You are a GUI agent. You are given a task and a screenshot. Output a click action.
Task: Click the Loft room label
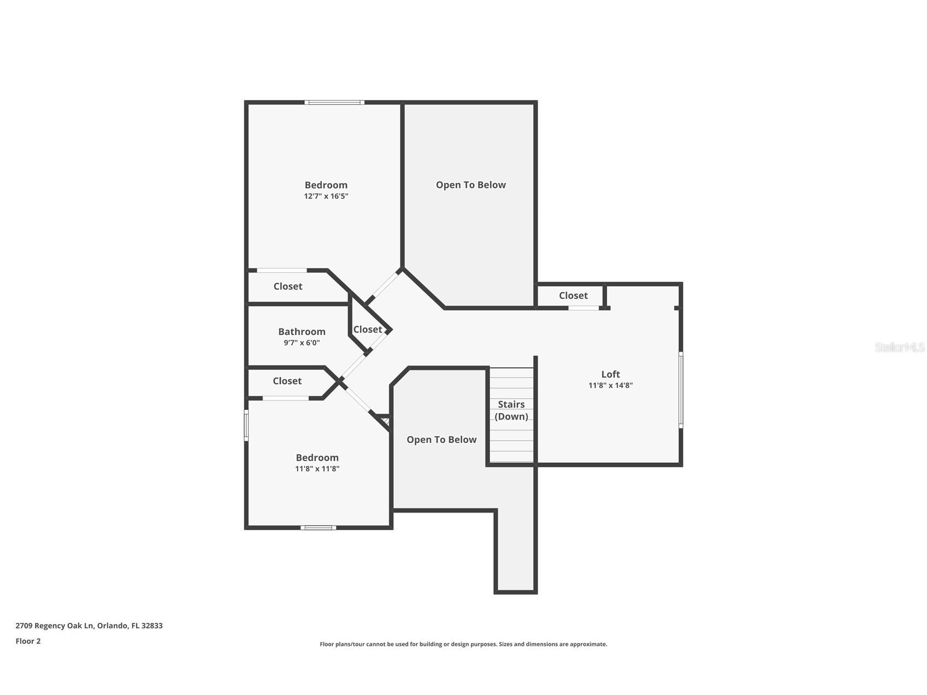[610, 374]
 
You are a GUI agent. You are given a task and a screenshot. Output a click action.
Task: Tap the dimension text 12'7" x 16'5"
[326, 196]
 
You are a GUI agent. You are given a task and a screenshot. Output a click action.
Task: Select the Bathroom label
[302, 332]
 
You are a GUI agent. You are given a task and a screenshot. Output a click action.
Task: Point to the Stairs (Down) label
[511, 410]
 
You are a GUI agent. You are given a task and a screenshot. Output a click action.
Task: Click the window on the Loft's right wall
[681, 389]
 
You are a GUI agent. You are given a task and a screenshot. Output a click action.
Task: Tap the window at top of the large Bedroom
[334, 102]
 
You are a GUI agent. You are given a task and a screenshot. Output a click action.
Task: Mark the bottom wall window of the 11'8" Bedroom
[318, 527]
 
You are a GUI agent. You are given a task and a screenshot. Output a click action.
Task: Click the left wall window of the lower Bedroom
[246, 426]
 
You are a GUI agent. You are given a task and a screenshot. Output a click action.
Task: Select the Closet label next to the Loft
[573, 296]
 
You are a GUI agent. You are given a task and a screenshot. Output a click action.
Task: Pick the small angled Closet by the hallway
[368, 329]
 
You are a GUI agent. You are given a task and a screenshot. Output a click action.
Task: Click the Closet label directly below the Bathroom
[287, 381]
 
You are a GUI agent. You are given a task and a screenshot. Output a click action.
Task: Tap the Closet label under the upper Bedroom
[288, 286]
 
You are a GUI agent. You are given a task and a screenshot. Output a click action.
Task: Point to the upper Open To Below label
[470, 185]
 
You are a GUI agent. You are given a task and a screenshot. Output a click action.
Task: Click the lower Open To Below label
[441, 440]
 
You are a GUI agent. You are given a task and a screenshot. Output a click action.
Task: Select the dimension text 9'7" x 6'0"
[302, 343]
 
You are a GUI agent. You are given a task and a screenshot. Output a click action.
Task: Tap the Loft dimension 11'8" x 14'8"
[610, 385]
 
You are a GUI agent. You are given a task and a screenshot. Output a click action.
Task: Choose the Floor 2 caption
[28, 641]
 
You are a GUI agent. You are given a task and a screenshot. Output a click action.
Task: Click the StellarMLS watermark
[899, 347]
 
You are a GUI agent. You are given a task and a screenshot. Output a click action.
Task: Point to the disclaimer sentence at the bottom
[463, 644]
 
